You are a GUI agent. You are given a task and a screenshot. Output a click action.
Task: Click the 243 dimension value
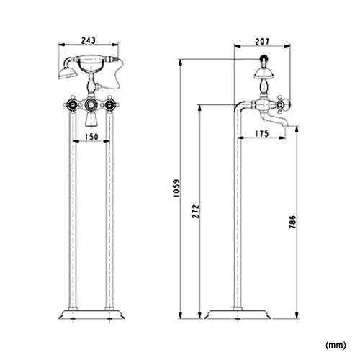(x=89, y=40)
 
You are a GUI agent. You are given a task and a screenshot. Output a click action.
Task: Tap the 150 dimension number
(x=91, y=137)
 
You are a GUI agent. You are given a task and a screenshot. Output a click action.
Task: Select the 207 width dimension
(x=262, y=42)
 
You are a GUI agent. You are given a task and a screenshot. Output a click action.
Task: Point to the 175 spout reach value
(x=261, y=134)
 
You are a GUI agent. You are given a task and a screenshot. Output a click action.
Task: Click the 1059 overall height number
(x=176, y=188)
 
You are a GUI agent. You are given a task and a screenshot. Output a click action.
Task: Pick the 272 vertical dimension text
(x=196, y=211)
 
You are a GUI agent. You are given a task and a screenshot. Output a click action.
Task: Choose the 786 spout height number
(x=292, y=222)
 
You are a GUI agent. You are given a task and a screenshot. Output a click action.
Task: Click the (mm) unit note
(x=336, y=345)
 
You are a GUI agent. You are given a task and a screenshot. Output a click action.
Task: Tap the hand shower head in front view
(x=67, y=73)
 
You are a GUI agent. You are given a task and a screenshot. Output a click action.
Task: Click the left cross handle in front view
(x=72, y=104)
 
